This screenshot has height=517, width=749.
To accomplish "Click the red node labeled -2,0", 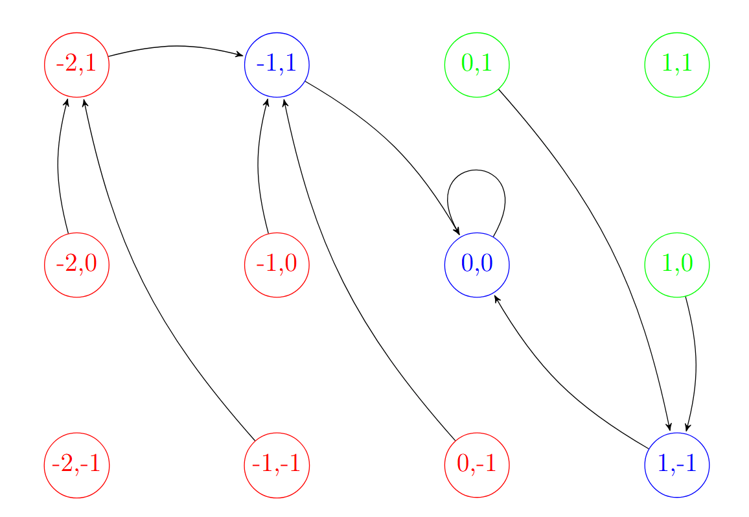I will [76, 265].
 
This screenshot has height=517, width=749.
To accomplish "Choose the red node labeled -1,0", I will [277, 265].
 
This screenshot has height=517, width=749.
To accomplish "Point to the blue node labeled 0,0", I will [477, 265].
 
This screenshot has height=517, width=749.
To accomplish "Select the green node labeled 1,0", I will [677, 265].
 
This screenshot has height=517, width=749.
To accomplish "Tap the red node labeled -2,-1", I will [76, 465].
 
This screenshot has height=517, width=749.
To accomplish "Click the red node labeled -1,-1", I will [277, 465].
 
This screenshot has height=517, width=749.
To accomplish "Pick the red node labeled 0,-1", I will [477, 465].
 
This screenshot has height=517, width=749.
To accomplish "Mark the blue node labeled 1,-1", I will [677, 465].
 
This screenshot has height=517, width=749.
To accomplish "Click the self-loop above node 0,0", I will [476, 170].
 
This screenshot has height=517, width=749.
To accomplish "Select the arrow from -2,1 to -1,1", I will [175, 46].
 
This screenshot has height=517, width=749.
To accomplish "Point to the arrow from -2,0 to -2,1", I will [58, 165].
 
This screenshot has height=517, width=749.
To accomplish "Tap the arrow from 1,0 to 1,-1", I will [696, 363].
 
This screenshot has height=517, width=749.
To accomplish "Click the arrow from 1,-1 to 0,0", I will [557, 389].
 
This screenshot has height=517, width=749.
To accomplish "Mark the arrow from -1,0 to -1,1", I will [259, 165].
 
